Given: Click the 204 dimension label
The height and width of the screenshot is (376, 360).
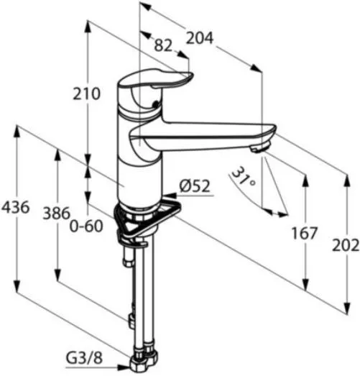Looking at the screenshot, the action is (x=200, y=38).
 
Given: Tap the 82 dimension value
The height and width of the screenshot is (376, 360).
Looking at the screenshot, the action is (x=163, y=45).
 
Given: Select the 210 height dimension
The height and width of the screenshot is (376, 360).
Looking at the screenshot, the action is (x=86, y=93).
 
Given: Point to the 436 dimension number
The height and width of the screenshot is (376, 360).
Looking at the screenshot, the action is (x=16, y=207).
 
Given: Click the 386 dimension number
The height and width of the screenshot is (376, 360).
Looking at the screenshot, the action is (x=57, y=214).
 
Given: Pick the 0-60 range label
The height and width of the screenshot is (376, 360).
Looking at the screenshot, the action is (x=86, y=226).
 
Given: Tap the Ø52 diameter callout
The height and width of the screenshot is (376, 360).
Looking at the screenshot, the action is (x=195, y=185).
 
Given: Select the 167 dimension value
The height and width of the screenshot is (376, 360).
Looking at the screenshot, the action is (x=304, y=234).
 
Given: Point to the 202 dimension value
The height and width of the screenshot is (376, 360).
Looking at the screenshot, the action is (x=346, y=246).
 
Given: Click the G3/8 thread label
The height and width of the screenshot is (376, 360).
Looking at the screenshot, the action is (x=84, y=358).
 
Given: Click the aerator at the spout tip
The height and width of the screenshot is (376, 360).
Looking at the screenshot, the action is (x=260, y=147).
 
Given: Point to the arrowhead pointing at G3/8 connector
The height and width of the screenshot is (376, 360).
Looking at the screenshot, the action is (x=124, y=367).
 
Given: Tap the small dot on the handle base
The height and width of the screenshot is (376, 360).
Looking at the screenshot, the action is (x=156, y=104).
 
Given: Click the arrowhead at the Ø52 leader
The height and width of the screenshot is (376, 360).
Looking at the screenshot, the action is (x=170, y=196).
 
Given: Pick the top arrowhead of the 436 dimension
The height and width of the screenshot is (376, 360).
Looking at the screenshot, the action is (x=17, y=132).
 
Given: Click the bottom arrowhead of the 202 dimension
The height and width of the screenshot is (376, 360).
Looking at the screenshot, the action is (x=347, y=308).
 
